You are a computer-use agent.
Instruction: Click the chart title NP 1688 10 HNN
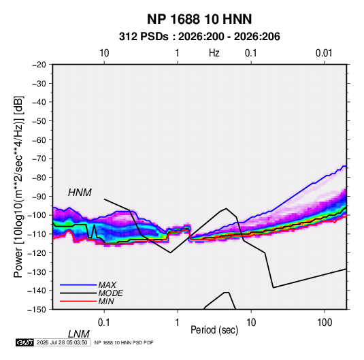point(199,19)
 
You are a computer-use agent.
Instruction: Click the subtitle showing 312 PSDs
point(199,37)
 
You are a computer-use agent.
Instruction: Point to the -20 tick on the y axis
point(39,65)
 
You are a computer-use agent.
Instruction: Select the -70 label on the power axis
point(39,159)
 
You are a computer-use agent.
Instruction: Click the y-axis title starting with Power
point(18,187)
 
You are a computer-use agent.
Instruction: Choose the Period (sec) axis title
point(214,330)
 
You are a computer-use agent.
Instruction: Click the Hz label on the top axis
point(214,53)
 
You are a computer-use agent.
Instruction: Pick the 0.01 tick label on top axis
point(324,53)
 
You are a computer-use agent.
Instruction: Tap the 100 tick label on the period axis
point(325,323)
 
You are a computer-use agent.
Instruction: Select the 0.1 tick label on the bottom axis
point(103,323)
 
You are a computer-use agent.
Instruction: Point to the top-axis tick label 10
point(104,53)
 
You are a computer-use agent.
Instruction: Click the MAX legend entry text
point(107,284)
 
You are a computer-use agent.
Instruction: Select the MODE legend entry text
point(110,293)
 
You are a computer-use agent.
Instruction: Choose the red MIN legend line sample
point(78,301)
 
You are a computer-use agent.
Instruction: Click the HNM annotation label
point(80,193)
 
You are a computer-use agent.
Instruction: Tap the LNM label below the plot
point(79,334)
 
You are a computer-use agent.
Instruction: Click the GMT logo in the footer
point(25,342)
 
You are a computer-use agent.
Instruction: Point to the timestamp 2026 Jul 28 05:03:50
point(62,342)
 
